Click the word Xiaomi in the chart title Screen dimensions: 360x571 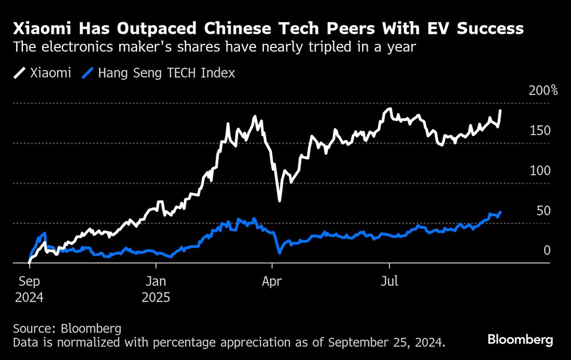[41, 29]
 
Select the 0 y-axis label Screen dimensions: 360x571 [547, 251]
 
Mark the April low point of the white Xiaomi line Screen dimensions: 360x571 [279, 201]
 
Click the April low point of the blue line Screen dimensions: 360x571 [279, 253]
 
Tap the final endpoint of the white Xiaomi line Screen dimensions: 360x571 [501, 111]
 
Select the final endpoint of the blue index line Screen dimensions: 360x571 [501, 212]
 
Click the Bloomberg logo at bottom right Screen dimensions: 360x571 [520, 339]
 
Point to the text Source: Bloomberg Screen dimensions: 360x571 [67, 329]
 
